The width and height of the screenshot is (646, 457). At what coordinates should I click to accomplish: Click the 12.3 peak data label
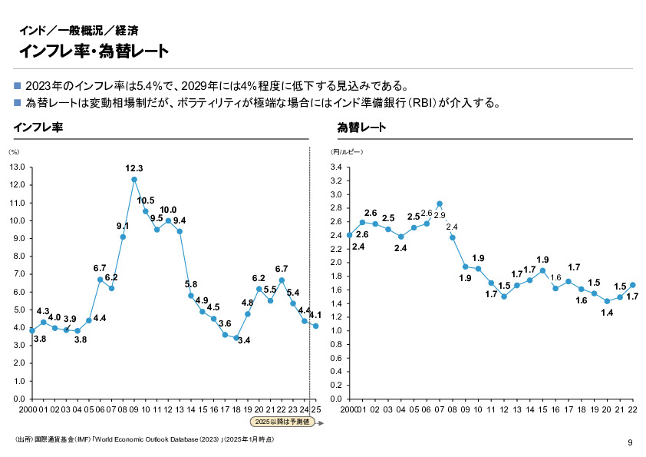pos(134,168)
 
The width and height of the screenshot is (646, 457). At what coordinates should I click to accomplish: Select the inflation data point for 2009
pos(134,180)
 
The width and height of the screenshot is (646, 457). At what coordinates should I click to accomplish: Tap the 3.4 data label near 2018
pos(245,340)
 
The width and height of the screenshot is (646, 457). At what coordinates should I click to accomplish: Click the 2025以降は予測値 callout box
pos(281,422)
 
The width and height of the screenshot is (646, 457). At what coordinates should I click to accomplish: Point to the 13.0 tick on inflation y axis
pos(18,167)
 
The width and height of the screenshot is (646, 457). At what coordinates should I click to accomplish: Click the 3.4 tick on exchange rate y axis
pos(336,167)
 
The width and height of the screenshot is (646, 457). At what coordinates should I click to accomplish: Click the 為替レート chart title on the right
pos(361,127)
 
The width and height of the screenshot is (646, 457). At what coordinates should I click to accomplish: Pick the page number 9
pos(629,442)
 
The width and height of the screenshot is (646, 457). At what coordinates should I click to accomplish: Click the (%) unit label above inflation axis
pos(13,152)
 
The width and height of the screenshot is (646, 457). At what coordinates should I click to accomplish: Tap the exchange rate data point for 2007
pos(440,204)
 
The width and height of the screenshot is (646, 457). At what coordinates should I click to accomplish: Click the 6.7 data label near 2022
pos(281,269)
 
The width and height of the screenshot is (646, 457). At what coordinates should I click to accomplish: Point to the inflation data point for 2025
pos(315,326)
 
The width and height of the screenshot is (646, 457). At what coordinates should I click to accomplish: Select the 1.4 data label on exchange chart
pos(607,313)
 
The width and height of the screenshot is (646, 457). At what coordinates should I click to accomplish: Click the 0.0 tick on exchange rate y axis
pos(336,399)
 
